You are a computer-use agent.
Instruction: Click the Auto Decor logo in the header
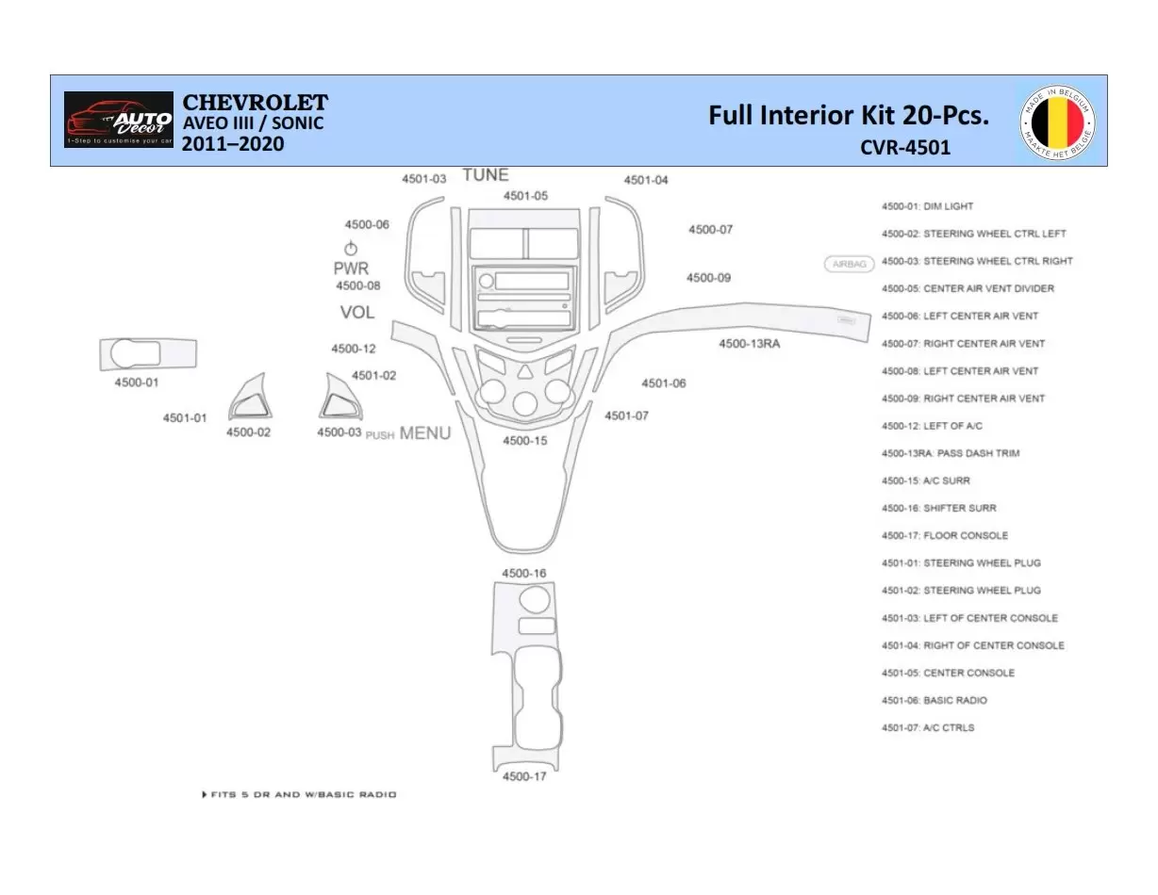point(118,120)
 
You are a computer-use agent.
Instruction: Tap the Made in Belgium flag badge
point(1057,121)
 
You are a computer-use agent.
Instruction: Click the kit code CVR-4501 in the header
point(904,147)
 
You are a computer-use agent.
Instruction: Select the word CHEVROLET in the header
point(255,103)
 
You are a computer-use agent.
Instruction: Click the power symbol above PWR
point(351,249)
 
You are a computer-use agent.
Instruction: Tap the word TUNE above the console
point(485,175)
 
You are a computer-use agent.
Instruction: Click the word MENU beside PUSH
point(425,433)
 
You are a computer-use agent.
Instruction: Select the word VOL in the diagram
point(357,313)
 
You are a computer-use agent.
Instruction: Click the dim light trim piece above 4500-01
point(148,353)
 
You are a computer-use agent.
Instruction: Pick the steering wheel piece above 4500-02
point(251,399)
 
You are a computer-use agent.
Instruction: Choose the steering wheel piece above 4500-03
point(338,399)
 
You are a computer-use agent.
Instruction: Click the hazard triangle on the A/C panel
point(523,371)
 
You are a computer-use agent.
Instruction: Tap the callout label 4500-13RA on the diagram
point(749,344)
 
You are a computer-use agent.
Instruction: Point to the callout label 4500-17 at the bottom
point(523,776)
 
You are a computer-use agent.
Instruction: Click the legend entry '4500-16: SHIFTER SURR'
point(938,508)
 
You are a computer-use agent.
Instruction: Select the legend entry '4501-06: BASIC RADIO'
point(934,700)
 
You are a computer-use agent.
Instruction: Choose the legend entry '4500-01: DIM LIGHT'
point(927,206)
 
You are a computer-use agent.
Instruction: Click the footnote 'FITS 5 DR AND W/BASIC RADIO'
point(300,794)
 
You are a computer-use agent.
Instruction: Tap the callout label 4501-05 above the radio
point(524,196)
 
